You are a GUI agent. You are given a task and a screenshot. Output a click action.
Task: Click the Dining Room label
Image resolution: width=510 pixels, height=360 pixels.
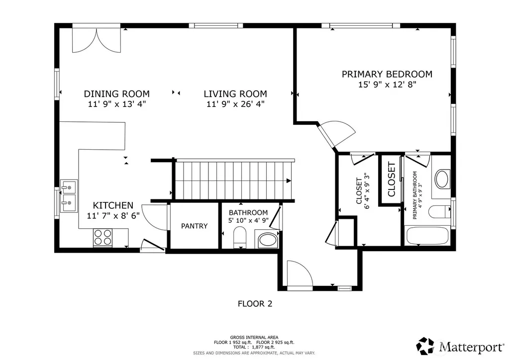tap(117, 94)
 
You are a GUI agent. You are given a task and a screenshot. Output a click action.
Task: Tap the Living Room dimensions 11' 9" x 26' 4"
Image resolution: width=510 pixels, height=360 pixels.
tap(235, 104)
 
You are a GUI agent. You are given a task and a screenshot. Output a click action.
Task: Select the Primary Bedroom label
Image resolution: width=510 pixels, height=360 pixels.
tap(387, 74)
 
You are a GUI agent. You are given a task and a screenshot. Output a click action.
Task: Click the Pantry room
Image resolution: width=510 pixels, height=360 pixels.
tap(194, 226)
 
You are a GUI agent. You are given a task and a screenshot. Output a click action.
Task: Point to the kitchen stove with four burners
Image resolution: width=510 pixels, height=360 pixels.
tap(103, 237)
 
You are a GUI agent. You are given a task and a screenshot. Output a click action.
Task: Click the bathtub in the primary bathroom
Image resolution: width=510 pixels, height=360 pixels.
tap(427, 236)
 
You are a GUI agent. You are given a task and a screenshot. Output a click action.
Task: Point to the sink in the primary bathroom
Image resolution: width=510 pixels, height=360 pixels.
tap(442, 179)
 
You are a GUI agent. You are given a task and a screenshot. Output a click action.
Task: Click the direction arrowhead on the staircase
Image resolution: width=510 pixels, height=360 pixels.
tap(289, 180)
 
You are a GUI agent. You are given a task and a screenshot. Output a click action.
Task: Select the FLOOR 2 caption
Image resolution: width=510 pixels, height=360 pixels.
tap(255, 304)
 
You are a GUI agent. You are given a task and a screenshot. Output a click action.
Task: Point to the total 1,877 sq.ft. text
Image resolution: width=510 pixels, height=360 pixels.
tap(254, 347)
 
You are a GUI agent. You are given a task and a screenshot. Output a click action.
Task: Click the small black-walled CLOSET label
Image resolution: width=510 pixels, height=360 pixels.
tap(391, 180)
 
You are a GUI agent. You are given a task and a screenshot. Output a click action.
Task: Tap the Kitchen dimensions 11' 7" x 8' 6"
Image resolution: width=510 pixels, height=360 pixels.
tap(113, 215)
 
